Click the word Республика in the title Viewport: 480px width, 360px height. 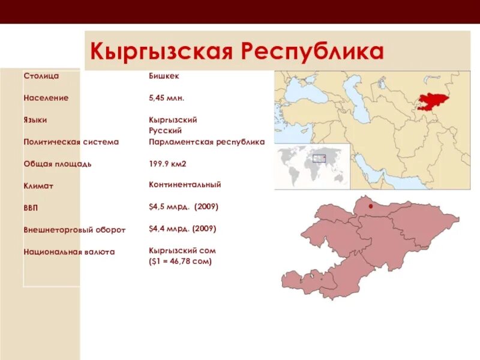[312, 50]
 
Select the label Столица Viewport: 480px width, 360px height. [41, 76]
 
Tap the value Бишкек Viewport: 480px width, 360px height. [164, 76]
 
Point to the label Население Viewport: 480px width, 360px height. [46, 98]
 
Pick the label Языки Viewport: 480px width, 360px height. [35, 120]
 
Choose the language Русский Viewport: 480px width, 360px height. [165, 130]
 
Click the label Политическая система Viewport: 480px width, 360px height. [71, 142]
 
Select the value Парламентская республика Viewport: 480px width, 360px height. [206, 142]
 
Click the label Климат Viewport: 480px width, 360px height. [38, 186]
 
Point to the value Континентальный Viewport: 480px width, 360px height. [185, 185]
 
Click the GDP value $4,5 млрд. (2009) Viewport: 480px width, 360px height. [184, 206]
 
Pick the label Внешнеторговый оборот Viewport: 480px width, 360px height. [74, 230]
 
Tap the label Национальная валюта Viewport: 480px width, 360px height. [69, 252]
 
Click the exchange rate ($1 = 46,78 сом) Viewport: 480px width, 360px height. [180, 262]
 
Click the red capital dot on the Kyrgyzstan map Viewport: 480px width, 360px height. [371, 206]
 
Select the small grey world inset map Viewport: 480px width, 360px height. [313, 165]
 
